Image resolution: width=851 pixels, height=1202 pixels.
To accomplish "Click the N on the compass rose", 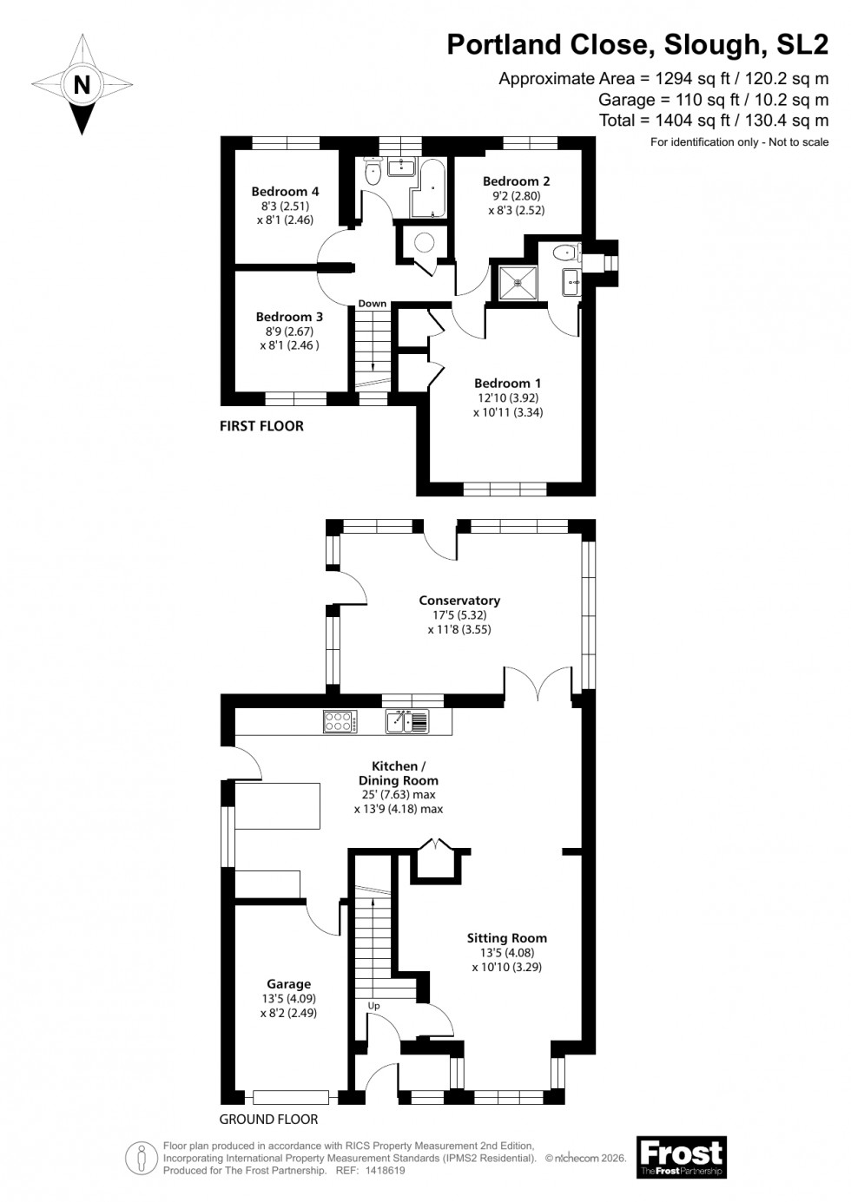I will tap(82, 85).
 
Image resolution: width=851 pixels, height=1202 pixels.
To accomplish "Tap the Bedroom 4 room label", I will tap(285, 192).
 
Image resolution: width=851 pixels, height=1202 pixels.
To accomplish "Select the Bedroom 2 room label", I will tap(516, 181).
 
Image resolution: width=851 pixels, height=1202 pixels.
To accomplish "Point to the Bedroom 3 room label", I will tap(289, 317).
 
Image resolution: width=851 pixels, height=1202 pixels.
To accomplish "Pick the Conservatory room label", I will tap(459, 601).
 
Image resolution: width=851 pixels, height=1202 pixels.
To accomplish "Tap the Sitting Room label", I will tap(506, 937).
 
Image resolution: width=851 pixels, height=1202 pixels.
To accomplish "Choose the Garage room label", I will tap(288, 984).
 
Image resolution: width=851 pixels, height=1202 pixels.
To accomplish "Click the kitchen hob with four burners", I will tap(339, 720).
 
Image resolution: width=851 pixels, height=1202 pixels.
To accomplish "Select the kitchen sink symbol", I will tap(407, 720).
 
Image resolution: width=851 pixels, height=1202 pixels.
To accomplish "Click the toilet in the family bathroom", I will tap(374, 172).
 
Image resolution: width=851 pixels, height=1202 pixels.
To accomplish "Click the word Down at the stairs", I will tap(373, 304).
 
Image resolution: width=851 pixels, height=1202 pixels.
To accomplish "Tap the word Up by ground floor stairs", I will tap(374, 1006).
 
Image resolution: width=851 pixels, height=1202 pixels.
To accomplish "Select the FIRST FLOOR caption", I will tap(261, 426).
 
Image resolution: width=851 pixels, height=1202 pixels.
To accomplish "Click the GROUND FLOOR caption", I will tap(268, 1119).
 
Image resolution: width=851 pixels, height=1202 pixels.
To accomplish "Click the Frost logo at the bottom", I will tap(682, 1158).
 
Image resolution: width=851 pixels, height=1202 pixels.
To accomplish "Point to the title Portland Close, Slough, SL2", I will tap(637, 44).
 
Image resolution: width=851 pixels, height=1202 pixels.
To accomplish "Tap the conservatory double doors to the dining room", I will tap(538, 683).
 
